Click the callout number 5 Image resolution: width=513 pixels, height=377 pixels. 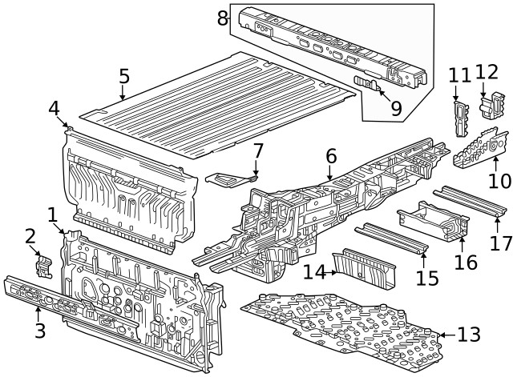(123, 77)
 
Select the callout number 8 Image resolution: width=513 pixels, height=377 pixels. (223, 17)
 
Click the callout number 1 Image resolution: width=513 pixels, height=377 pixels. (53, 215)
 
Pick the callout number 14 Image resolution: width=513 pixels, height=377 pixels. (314, 273)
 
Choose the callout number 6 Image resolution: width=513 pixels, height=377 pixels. (330, 158)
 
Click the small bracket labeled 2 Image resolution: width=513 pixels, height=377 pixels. (43, 265)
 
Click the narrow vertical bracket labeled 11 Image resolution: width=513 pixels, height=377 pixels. (460, 118)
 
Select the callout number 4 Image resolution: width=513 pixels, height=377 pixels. (54, 109)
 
